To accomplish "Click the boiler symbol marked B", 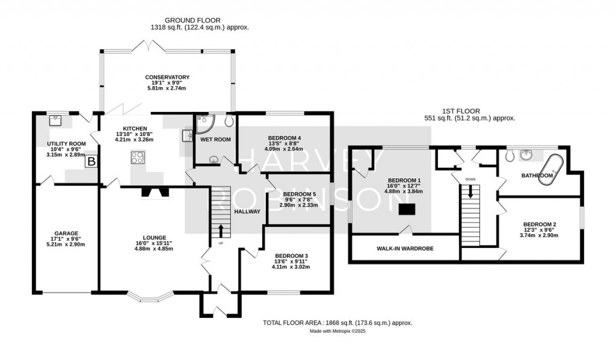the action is pos(91,161).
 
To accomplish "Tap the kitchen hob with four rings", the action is pos(138,158).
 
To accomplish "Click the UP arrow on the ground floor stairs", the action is pos(220,231).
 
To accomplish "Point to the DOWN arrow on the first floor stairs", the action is pos(470,191).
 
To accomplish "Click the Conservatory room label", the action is pos(167,77).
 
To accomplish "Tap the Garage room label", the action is pos(66,233).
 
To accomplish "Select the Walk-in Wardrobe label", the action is pos(405,249).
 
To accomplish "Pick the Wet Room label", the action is pos(216,140).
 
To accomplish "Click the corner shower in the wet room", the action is pos(205,122).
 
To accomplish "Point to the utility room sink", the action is pos(57,119).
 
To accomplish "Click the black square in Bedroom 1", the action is pos(407,209).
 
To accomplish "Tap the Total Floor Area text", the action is pos(337,323).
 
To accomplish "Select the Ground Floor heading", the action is pos(192,20).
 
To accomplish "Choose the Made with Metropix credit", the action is pos(338,331).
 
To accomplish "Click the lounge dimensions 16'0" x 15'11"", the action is pos(154,243).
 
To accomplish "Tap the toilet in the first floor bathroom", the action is pos(510,156).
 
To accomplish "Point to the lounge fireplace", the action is pos(155,193).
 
